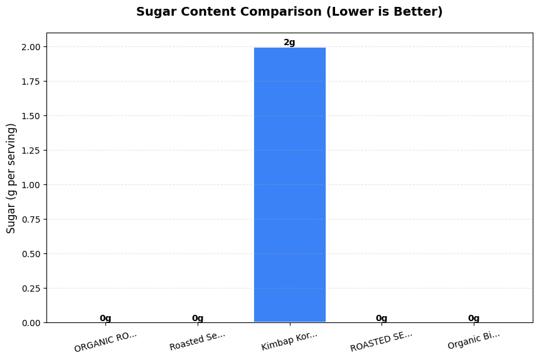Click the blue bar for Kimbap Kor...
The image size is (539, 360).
289,185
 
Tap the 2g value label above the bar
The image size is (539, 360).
289,43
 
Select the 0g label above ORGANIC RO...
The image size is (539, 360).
105,318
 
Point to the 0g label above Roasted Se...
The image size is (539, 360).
198,318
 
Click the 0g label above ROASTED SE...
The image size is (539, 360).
382,318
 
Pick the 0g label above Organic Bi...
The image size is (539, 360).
474,318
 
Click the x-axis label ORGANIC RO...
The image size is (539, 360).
105,341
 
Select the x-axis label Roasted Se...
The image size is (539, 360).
197,341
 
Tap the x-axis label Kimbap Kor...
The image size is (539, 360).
289,341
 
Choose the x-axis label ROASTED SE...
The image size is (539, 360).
382,341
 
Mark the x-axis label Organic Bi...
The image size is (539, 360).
474,340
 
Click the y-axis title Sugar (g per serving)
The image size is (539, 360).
11,179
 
